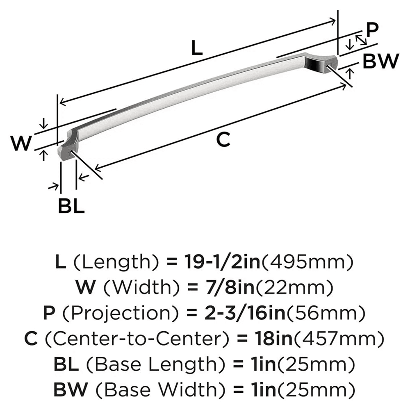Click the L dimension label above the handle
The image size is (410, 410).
[197, 49]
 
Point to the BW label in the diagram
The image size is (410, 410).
[380, 61]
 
